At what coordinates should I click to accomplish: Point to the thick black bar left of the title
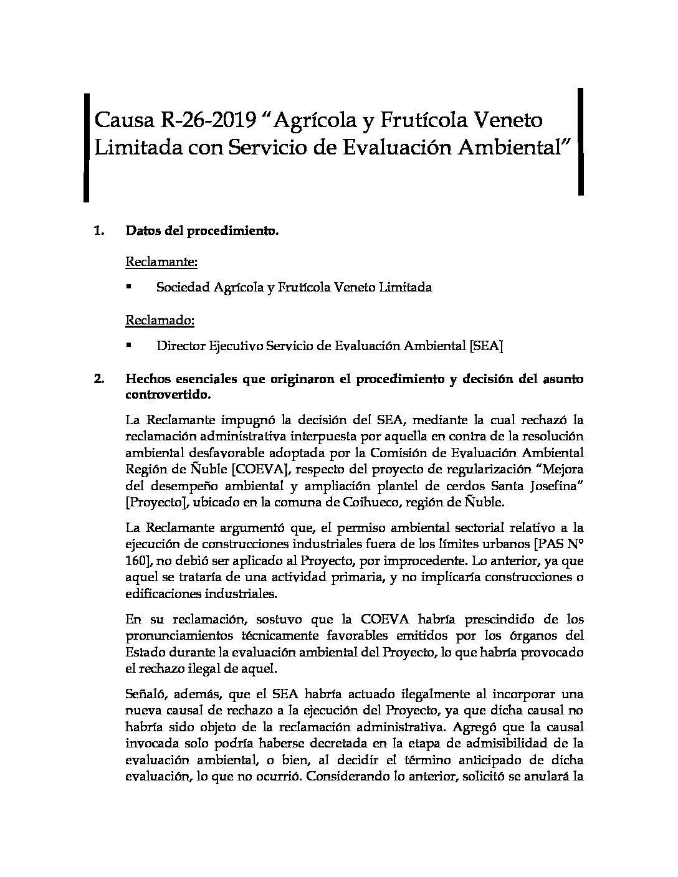[87, 148]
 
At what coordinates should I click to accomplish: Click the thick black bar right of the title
[581, 141]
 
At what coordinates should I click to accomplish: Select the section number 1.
[98, 231]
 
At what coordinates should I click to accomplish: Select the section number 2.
[98, 379]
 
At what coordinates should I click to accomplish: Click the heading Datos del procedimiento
[202, 231]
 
